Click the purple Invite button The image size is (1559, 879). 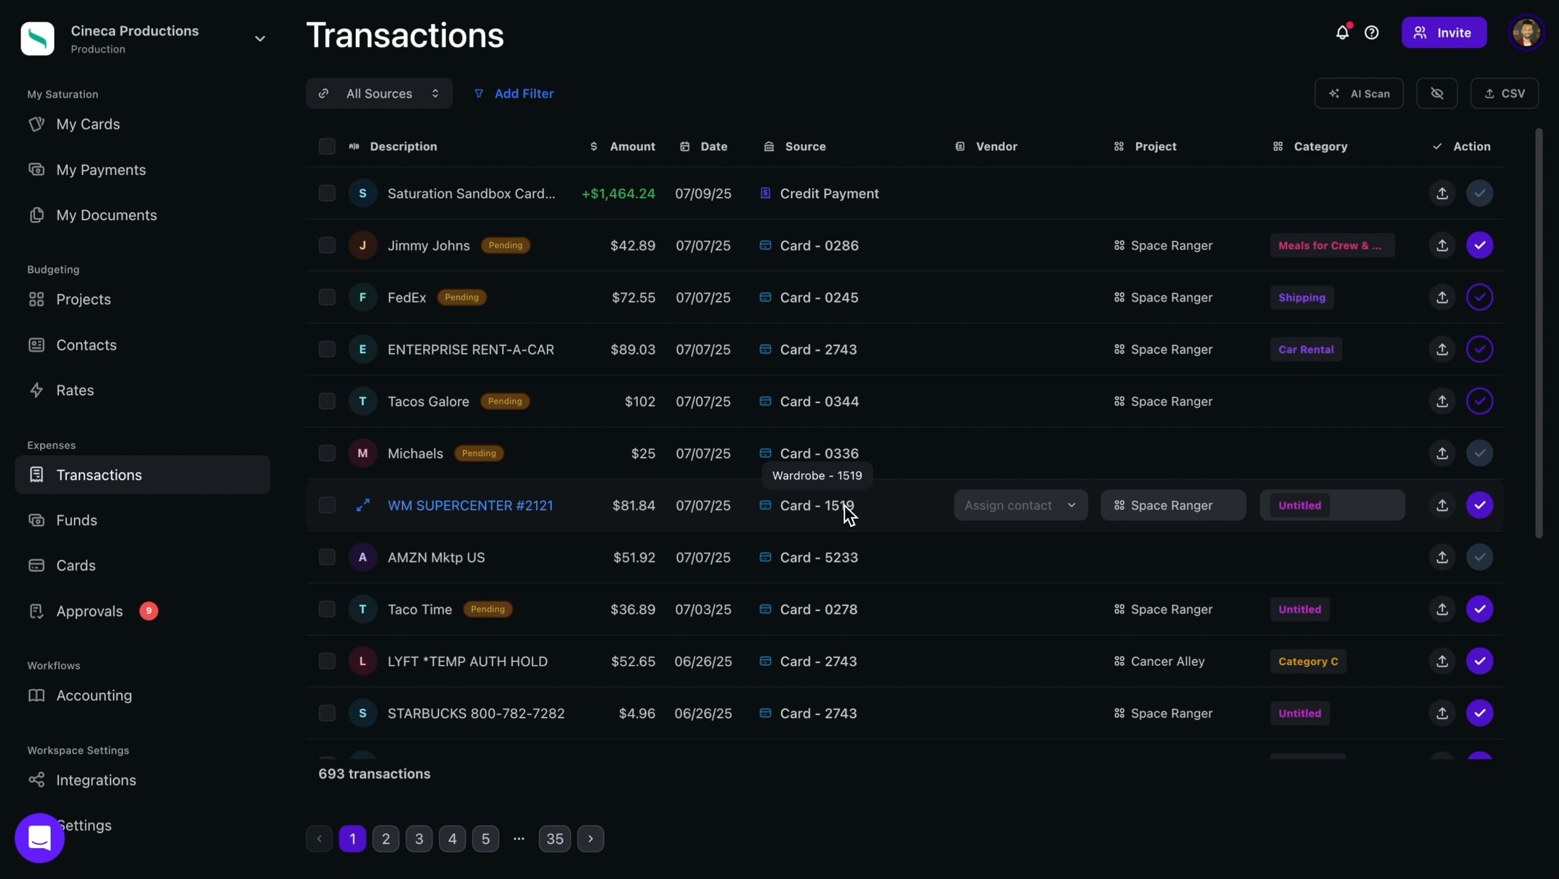point(1443,32)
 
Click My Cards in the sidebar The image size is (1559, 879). point(88,124)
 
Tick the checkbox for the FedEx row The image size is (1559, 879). point(327,297)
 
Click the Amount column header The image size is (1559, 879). point(632,146)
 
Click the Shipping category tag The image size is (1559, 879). point(1301,297)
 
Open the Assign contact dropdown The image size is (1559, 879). point(1020,505)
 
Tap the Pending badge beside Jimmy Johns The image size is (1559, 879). point(505,246)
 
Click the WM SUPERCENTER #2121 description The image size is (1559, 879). point(470,506)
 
